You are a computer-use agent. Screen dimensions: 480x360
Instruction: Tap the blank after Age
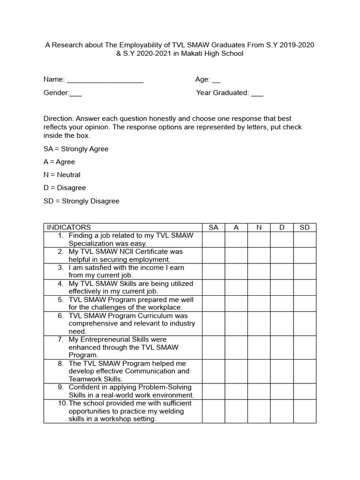(217, 82)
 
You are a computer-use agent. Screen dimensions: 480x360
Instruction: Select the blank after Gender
(76, 95)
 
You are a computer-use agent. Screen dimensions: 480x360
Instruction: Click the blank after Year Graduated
(257, 95)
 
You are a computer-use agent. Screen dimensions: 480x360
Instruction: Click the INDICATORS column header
(69, 227)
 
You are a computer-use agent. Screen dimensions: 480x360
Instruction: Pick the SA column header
(213, 227)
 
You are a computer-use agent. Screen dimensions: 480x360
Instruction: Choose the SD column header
(305, 227)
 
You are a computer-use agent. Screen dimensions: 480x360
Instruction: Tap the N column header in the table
(259, 227)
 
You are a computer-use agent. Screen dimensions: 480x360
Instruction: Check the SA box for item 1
(213, 240)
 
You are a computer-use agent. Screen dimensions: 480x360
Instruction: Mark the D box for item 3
(282, 271)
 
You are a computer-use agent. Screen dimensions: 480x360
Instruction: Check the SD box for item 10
(305, 411)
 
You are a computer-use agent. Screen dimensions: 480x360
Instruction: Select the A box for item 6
(236, 323)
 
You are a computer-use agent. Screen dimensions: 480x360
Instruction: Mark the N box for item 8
(259, 371)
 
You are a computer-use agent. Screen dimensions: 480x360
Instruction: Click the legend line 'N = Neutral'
(62, 175)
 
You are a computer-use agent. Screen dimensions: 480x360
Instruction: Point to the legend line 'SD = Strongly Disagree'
(82, 201)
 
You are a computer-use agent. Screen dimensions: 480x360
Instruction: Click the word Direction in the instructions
(59, 119)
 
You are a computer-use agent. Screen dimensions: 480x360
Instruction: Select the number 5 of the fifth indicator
(61, 300)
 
